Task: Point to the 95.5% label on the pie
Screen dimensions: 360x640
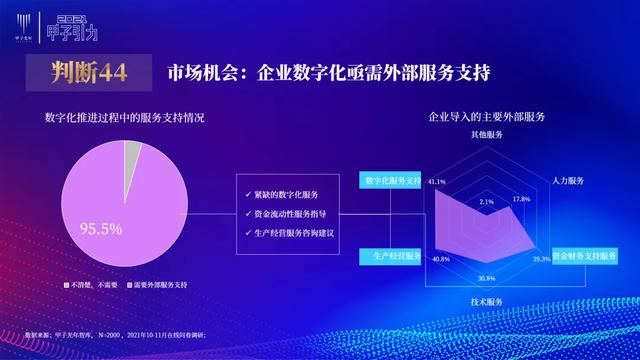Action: tap(100, 229)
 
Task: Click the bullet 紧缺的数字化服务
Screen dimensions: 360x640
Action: tap(289, 194)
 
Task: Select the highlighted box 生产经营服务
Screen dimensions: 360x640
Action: tap(390, 257)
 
